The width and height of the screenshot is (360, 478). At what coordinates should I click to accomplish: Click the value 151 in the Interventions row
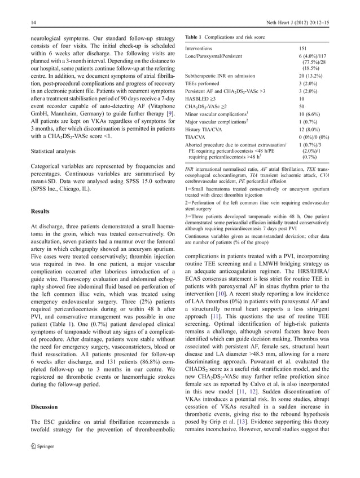pyautogui.click(x=303, y=49)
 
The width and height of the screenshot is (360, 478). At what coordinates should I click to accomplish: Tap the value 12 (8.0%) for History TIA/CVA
pyautogui.click(x=309, y=129)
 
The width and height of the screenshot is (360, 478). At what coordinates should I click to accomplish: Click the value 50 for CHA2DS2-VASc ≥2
pyautogui.click(x=302, y=106)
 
